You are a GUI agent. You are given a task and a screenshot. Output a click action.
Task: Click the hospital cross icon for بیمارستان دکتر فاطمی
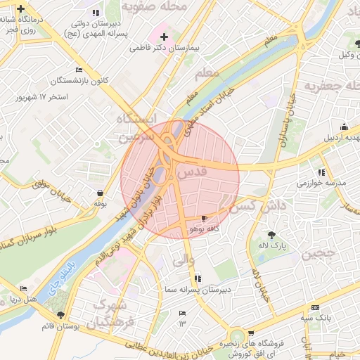pyautogui.click(x=165, y=37)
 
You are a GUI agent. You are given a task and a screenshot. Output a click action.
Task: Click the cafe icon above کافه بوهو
pyautogui.click(x=204, y=219)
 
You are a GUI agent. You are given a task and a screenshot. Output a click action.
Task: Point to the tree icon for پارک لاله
pyautogui.click(x=272, y=235)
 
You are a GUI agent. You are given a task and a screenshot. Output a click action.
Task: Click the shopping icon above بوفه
pyautogui.click(x=100, y=193)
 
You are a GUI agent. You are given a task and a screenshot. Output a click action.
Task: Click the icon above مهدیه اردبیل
pyautogui.click(x=344, y=127)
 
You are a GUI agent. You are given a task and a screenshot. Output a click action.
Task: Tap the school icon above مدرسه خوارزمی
pyautogui.click(x=321, y=172)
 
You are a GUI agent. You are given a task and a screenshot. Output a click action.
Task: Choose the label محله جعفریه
pyautogui.click(x=331, y=85)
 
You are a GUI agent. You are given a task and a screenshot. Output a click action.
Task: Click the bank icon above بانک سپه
pyautogui.click(x=314, y=308)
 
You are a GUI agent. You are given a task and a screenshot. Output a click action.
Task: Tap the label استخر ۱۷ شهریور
pyautogui.click(x=43, y=95)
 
